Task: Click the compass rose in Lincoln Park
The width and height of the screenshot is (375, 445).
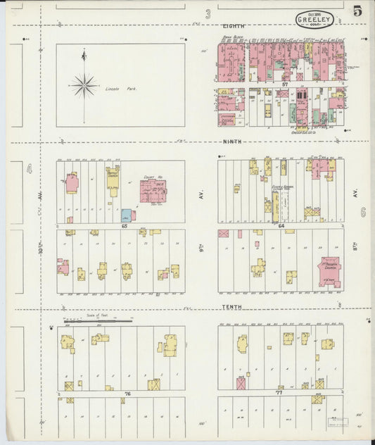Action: [84, 84]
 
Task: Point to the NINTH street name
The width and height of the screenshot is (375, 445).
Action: [233, 142]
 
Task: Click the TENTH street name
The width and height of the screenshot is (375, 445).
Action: [232, 307]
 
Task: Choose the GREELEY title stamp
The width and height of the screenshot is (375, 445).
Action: [314, 20]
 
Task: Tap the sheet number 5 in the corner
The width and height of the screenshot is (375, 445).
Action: [358, 11]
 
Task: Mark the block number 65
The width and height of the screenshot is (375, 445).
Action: [124, 226]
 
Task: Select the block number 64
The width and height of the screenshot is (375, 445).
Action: [281, 226]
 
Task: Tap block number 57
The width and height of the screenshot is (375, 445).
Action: [284, 83]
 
